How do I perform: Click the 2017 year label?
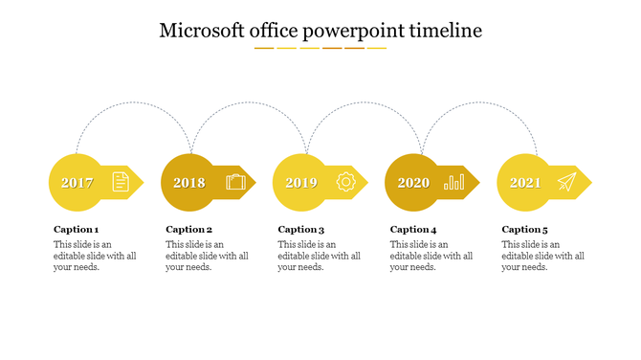[x=77, y=183]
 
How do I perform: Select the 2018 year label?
[x=189, y=183]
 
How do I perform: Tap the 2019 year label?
[x=301, y=183]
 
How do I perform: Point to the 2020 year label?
[x=413, y=183]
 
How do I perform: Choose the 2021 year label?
[x=525, y=183]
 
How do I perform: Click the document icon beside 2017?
[x=121, y=181]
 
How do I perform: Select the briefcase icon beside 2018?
[x=235, y=182]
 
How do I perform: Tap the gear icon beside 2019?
[x=345, y=182]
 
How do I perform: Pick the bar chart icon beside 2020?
[x=454, y=181]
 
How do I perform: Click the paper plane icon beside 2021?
[x=566, y=182]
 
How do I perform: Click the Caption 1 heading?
[x=76, y=230]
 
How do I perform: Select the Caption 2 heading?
[x=188, y=230]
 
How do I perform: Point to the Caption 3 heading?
[x=301, y=230]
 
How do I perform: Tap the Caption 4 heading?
[x=413, y=230]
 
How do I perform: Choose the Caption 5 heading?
[x=525, y=230]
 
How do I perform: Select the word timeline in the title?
[x=445, y=31]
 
